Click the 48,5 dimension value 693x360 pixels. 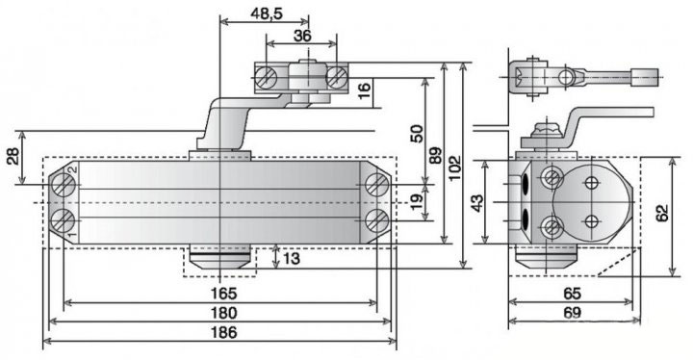pyautogui.click(x=266, y=13)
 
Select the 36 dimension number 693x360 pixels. pyautogui.click(x=302, y=36)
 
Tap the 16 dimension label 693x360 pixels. pyautogui.click(x=365, y=90)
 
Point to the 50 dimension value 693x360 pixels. pyautogui.click(x=417, y=134)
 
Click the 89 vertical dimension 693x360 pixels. pyautogui.click(x=436, y=155)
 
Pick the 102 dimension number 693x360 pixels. pyautogui.click(x=454, y=167)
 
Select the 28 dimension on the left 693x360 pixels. pyautogui.click(x=13, y=156)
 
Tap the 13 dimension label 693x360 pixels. pyautogui.click(x=291, y=258)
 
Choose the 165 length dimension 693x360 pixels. pyautogui.click(x=223, y=294)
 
